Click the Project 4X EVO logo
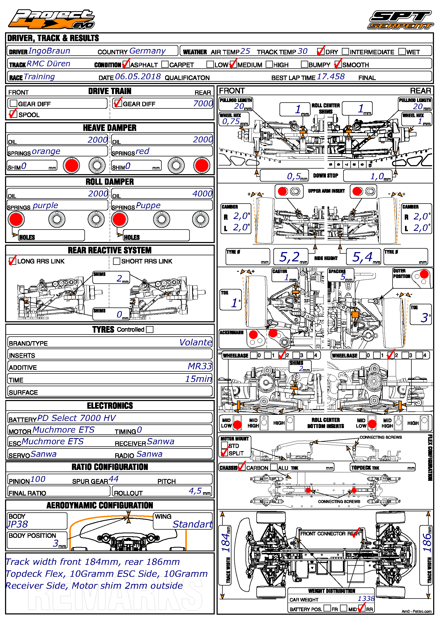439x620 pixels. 51,19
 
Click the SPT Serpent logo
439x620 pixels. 401,20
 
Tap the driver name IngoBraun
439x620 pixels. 49,51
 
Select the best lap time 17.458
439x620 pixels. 331,77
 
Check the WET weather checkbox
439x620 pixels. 402,51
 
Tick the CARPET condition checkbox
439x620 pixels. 165,64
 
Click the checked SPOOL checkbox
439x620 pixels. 13,114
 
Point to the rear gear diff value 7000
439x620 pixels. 203,103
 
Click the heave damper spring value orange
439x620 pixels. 46,151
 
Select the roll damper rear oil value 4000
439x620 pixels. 202,194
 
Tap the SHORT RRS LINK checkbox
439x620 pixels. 117,261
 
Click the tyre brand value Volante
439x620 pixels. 195,342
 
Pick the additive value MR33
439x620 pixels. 200,366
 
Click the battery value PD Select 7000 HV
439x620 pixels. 76,418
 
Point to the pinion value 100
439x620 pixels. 38,479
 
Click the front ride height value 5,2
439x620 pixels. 289,257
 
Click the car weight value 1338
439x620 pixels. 366,599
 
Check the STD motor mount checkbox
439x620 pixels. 224,445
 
